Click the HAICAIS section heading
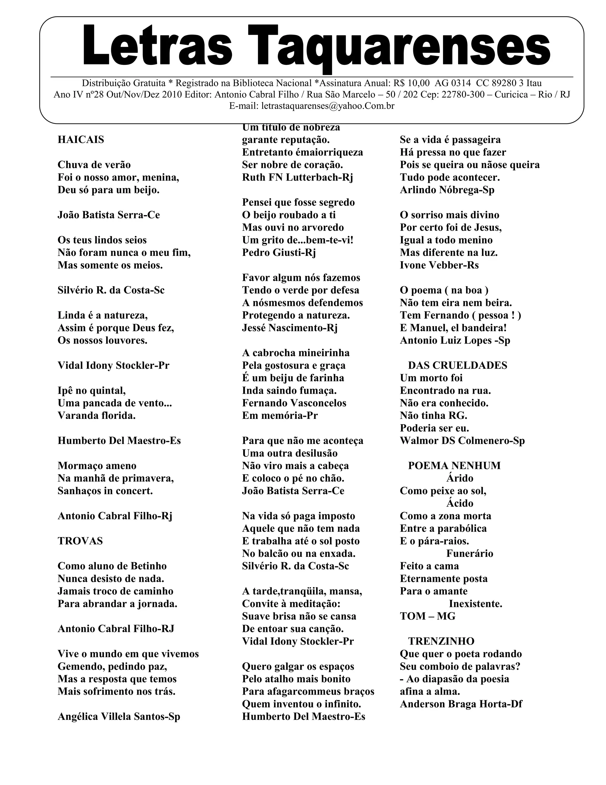81,140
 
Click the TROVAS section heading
80,541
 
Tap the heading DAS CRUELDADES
457,366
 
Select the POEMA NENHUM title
454,466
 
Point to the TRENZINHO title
441,641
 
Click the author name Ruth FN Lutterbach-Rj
297,177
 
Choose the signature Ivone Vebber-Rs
439,265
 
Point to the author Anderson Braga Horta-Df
461,704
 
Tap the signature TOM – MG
427,616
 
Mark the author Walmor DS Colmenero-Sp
462,441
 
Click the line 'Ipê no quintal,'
91,390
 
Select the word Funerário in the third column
470,554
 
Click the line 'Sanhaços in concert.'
105,491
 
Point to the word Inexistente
475,604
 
